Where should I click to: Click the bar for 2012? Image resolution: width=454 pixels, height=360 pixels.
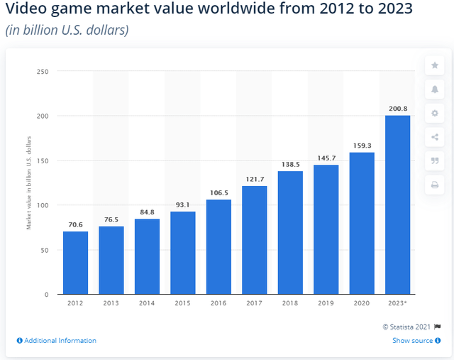(75, 262)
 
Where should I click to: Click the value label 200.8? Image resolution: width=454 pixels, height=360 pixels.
(397, 109)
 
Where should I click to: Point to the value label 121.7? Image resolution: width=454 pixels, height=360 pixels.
(254, 179)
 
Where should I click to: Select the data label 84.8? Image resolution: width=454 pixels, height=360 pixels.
(147, 212)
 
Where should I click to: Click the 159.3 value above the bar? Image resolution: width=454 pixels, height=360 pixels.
(362, 146)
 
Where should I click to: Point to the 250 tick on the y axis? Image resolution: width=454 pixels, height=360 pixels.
(43, 71)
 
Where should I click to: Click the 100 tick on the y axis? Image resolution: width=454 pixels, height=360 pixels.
(43, 205)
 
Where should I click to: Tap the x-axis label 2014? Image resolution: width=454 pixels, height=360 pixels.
(147, 302)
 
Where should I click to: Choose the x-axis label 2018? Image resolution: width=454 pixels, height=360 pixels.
(290, 302)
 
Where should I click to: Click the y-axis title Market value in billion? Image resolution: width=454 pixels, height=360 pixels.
(29, 182)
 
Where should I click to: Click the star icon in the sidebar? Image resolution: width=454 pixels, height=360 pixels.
(434, 66)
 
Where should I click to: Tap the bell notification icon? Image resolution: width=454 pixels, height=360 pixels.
(434, 89)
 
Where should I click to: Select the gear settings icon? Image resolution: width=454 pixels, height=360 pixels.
(434, 114)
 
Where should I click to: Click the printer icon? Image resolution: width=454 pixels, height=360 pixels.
(434, 185)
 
